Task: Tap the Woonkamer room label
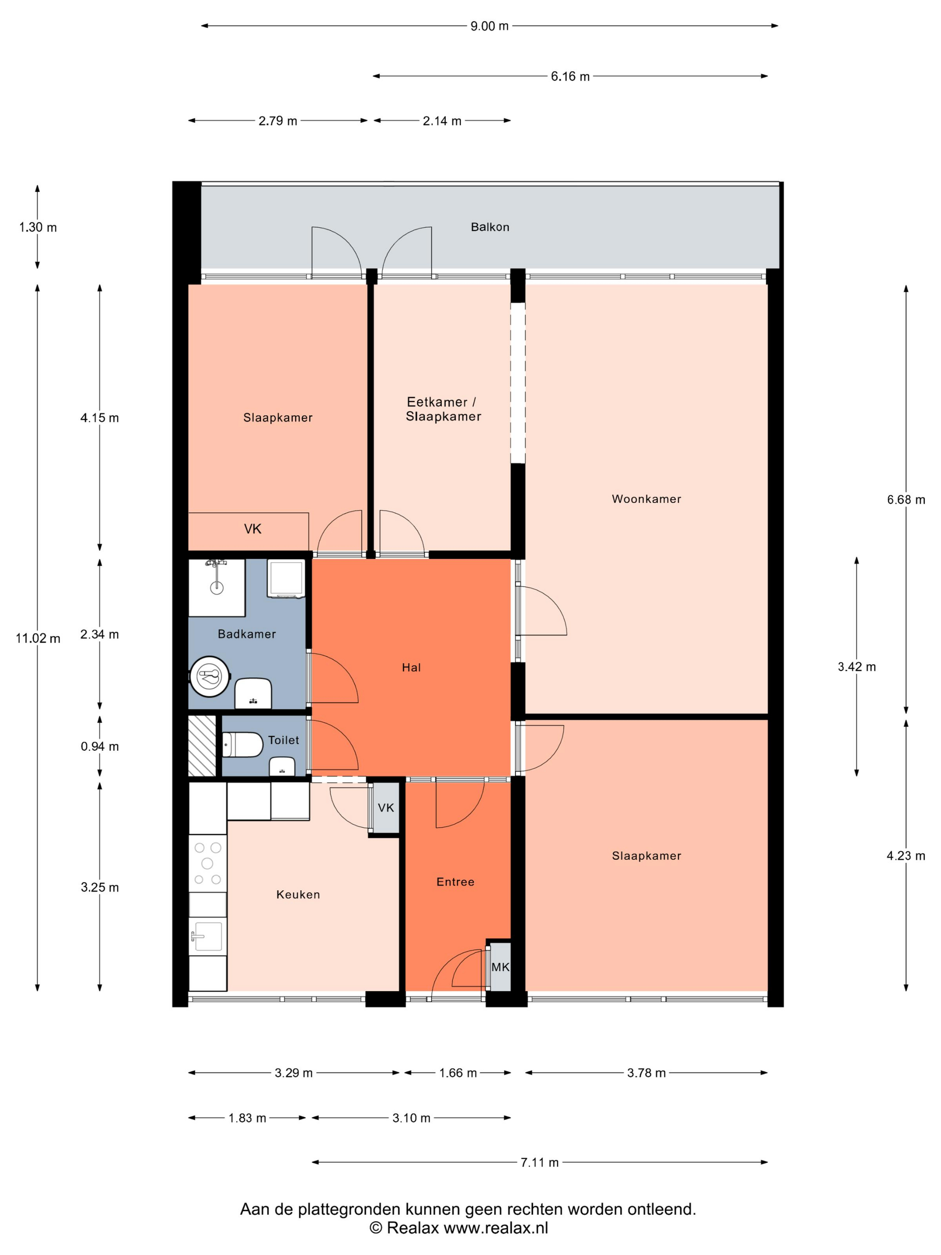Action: [x=646, y=499]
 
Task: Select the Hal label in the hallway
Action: [x=411, y=667]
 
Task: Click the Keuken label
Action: [x=298, y=894]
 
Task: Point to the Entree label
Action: [x=455, y=881]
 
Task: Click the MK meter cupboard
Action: [x=500, y=966]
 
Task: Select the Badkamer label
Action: [x=247, y=634]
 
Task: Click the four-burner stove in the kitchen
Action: [x=207, y=863]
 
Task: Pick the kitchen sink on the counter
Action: [x=207, y=935]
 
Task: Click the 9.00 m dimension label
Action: [x=489, y=26]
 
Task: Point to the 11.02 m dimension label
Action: [x=38, y=638]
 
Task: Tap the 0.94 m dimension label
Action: [x=100, y=746]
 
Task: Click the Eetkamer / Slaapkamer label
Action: [x=443, y=409]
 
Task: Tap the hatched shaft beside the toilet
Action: [x=202, y=745]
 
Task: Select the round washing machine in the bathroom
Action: [x=210, y=676]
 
